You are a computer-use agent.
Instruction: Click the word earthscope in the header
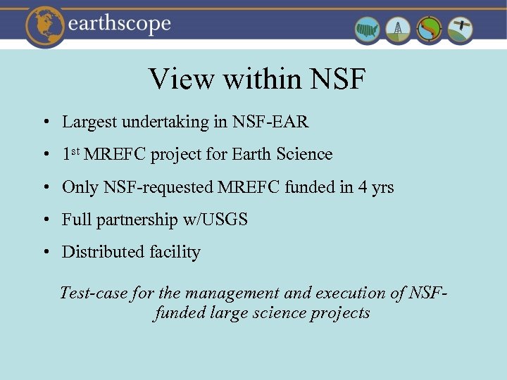120,24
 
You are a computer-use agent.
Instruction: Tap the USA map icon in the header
368,30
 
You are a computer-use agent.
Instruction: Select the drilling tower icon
399,30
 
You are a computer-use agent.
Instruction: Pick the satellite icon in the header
461,30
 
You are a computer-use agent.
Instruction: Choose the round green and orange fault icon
430,30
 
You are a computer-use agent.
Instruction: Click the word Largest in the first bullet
89,122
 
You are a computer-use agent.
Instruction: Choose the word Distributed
103,252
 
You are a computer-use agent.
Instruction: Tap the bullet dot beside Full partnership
44,220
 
